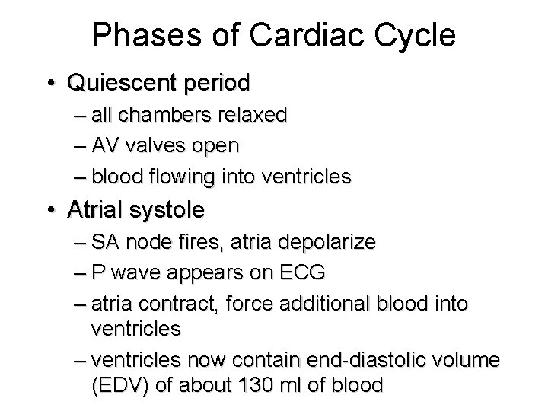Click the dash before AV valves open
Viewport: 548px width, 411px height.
[81, 145]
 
